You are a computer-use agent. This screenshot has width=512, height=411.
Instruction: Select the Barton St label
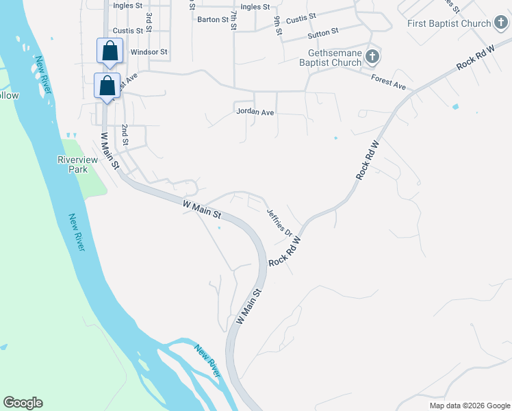click(x=212, y=20)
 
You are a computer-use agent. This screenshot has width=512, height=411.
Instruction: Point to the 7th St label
click(x=233, y=20)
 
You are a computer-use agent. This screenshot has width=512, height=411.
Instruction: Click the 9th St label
click(x=278, y=27)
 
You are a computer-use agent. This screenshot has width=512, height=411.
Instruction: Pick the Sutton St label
click(x=323, y=32)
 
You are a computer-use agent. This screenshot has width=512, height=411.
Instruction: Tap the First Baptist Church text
click(x=449, y=23)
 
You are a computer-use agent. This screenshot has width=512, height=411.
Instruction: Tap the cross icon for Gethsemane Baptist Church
click(x=372, y=56)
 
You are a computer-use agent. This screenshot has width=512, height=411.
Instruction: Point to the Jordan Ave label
click(x=255, y=111)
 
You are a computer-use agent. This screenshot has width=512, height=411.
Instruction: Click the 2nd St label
click(x=125, y=136)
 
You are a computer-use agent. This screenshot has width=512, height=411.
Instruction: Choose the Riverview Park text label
click(x=77, y=164)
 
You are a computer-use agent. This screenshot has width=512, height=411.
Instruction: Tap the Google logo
click(x=23, y=403)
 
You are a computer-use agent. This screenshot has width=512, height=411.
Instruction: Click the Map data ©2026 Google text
click(x=469, y=406)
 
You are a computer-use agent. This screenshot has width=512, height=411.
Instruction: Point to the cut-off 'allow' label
click(x=9, y=95)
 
